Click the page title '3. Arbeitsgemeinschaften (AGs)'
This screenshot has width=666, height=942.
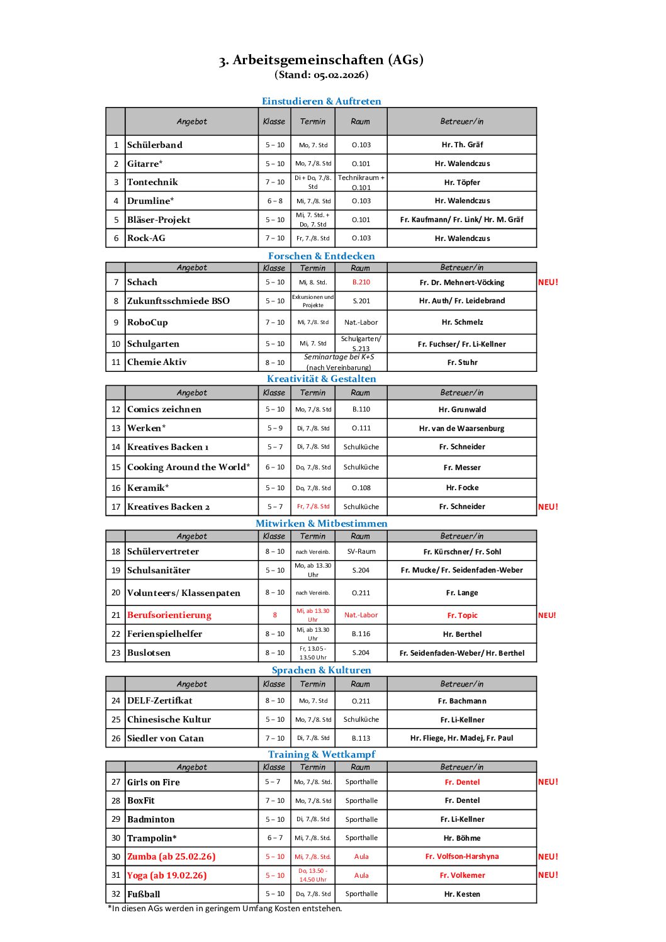point(321,60)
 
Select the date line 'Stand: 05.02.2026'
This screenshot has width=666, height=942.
point(321,75)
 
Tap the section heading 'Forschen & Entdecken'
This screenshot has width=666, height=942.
point(321,256)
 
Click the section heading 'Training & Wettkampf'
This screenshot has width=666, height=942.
point(321,754)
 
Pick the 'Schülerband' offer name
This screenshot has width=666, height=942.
point(155,145)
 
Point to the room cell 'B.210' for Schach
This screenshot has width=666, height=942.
point(361,283)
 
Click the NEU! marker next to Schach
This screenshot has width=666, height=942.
point(548,283)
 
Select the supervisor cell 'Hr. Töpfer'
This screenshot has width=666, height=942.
point(462,182)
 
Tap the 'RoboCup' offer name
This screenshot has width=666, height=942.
point(147,322)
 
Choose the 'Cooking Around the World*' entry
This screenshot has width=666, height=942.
point(188,467)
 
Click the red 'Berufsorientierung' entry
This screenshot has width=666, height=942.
point(169,615)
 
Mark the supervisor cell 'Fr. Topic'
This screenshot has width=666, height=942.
point(462,615)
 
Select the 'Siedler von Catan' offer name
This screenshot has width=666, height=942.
point(166,738)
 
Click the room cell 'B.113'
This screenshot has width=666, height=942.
point(361,738)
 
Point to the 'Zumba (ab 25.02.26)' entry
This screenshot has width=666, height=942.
point(171,856)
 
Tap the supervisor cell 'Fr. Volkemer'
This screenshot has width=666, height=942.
point(462,875)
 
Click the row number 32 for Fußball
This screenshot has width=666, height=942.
point(116,894)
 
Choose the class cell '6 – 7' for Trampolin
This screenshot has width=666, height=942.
point(275,838)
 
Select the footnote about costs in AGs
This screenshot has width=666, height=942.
point(225,909)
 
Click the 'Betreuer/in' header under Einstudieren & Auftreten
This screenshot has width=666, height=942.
point(462,121)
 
